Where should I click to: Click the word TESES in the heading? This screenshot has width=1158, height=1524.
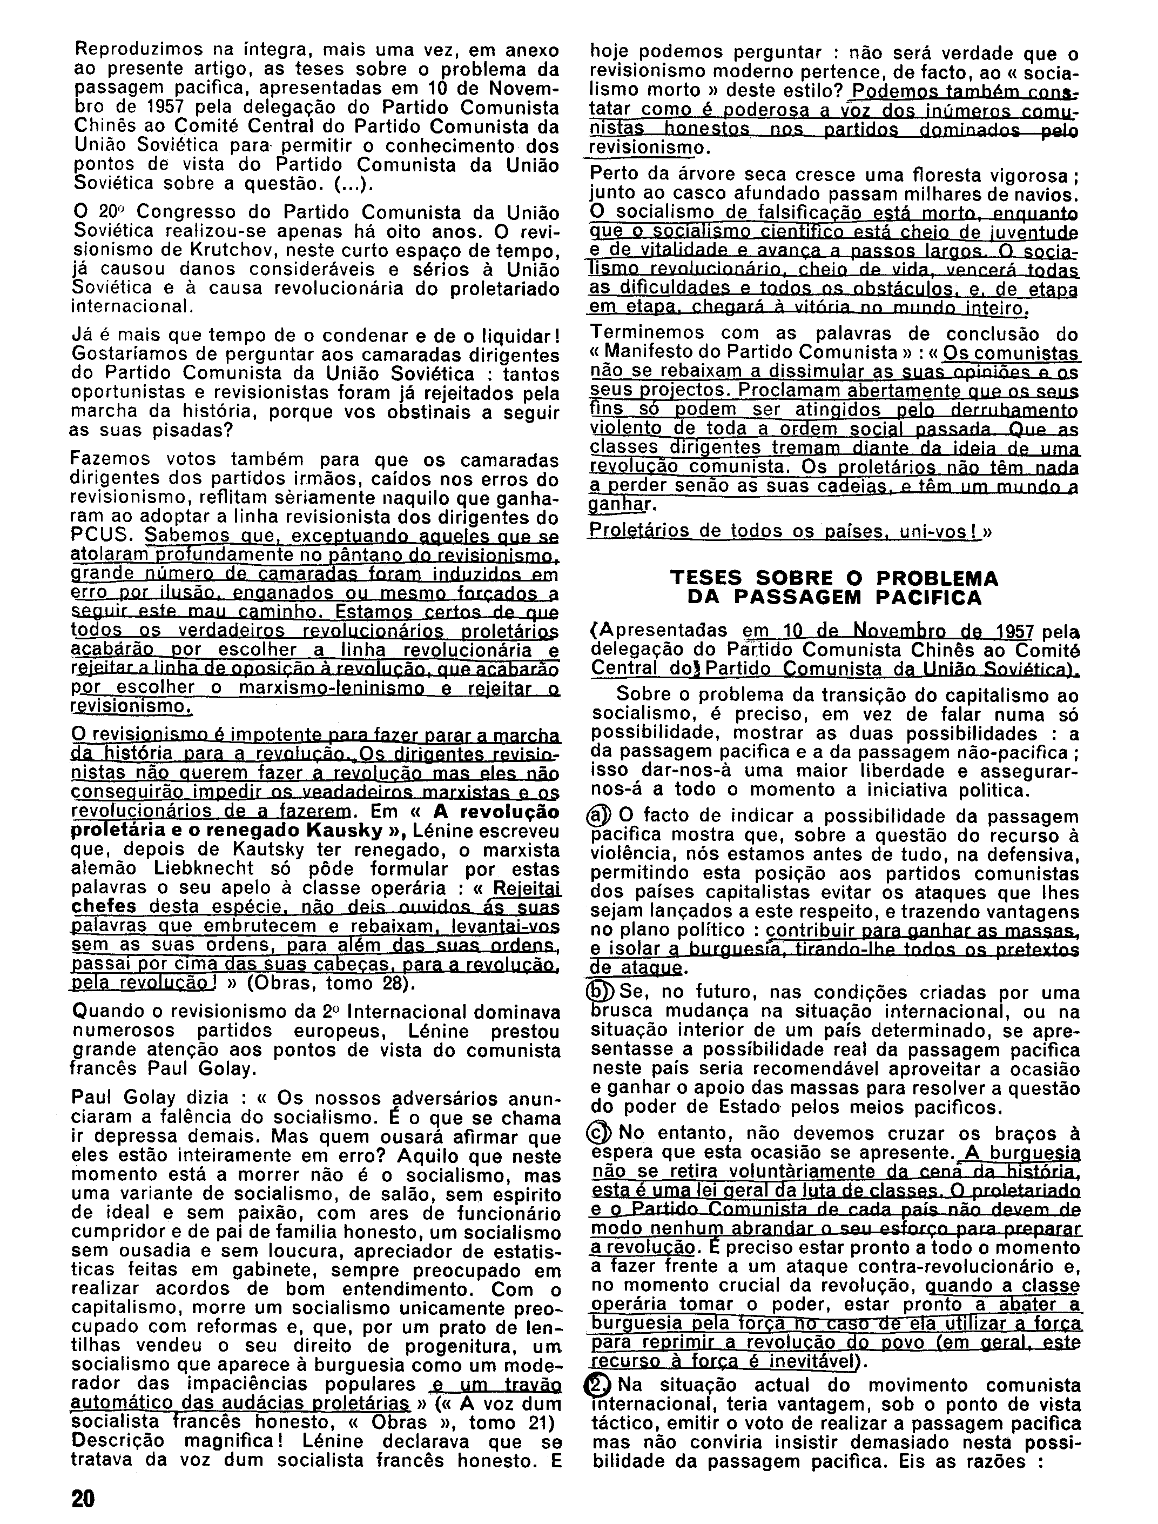707,577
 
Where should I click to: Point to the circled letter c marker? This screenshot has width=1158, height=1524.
602,1133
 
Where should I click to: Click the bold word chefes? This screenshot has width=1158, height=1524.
103,906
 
